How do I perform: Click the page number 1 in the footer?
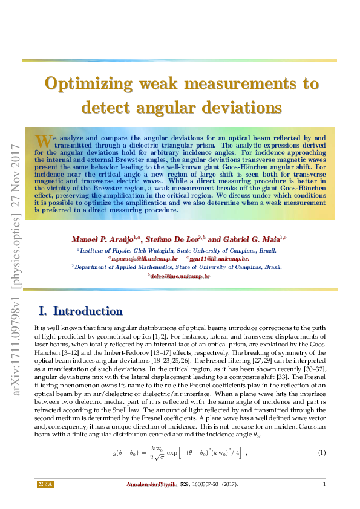324,484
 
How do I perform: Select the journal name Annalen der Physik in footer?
150,484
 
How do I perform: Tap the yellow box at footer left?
46,484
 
